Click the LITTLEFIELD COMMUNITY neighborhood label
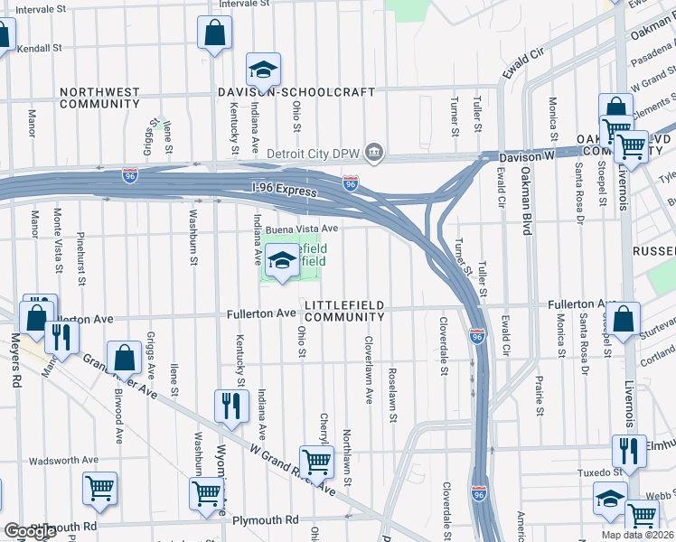345,312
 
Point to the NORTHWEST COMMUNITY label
99,98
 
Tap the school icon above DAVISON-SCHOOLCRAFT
263,70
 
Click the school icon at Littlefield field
283,261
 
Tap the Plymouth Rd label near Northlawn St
265,520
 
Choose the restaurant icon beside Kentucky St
230,406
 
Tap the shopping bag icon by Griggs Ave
124,359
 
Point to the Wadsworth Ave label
63,461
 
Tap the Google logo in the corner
29,531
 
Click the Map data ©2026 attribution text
635,535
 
